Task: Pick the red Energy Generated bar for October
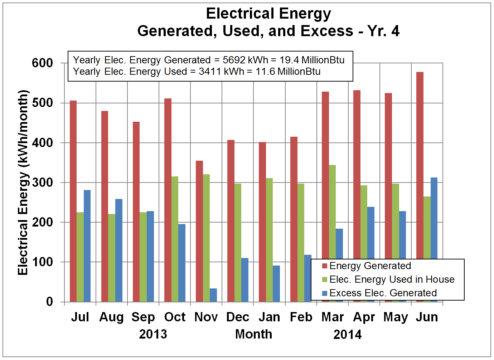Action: [168, 200]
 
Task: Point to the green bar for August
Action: [112, 258]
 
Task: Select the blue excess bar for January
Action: [276, 284]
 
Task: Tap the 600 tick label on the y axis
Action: [42, 63]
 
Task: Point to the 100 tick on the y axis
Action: [42, 262]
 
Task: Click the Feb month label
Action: [301, 317]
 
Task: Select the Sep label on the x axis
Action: [143, 317]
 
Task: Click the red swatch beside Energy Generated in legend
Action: [325, 266]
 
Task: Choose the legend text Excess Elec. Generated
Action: [383, 293]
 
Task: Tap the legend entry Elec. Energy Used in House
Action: [392, 279]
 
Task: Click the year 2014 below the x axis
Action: [347, 335]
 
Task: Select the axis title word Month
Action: [253, 334]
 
